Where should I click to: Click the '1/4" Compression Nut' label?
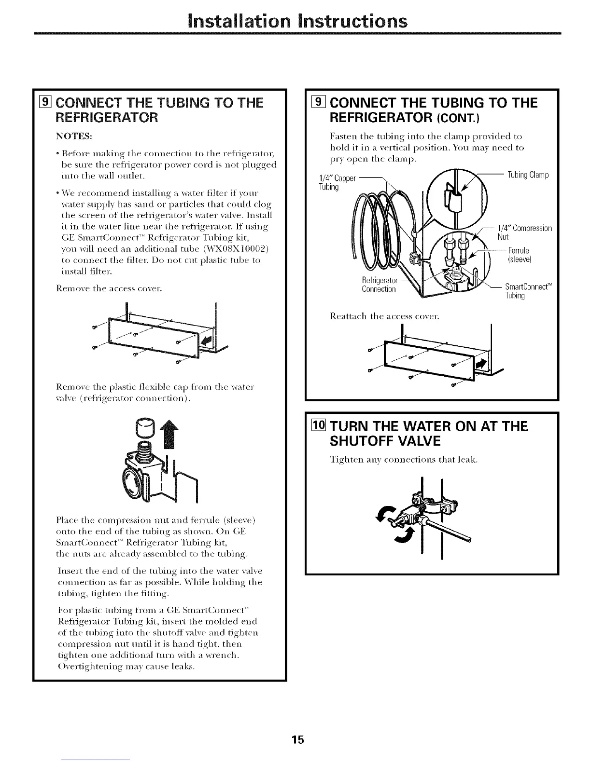pyautogui.click(x=524, y=232)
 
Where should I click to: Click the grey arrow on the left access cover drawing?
pyautogui.click(x=206, y=341)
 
